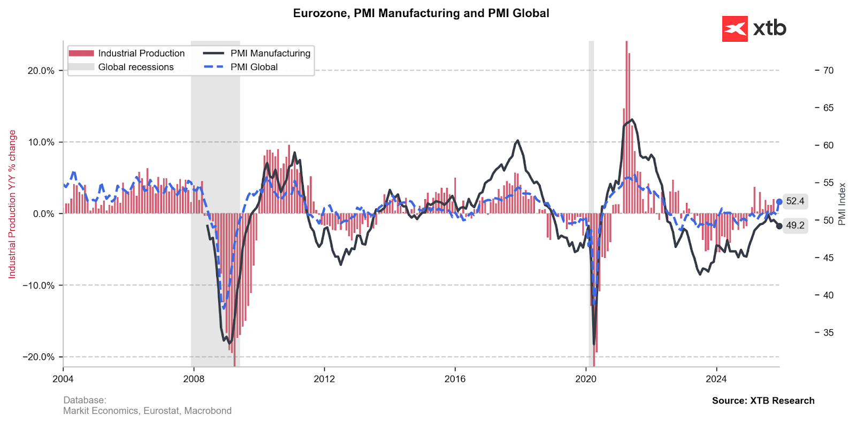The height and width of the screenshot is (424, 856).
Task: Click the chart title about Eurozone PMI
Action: point(421,13)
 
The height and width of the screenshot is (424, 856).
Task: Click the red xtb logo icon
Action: point(735,29)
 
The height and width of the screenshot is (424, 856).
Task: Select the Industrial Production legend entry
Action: point(127,54)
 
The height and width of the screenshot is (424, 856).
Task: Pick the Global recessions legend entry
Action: point(121,67)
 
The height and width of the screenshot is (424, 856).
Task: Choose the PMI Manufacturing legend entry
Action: point(257,54)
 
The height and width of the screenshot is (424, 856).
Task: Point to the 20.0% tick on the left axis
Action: point(41,71)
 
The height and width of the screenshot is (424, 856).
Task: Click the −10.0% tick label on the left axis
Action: point(39,285)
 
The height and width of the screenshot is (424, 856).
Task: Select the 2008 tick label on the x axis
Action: point(194,379)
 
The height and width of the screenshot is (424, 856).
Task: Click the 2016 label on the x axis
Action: point(455,379)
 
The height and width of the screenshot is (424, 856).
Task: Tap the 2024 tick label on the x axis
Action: point(716,379)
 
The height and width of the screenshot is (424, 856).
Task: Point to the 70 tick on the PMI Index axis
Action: point(828,70)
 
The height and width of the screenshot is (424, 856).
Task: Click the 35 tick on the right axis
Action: point(828,332)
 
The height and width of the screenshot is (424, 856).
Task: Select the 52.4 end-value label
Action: point(795,201)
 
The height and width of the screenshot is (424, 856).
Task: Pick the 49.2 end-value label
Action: point(795,225)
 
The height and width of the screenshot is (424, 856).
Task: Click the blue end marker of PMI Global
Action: point(779,202)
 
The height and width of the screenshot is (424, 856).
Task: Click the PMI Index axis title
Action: point(842,204)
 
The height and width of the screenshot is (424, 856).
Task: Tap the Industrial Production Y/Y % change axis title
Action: point(12,204)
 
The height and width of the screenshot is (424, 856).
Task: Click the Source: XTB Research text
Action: point(763,400)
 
